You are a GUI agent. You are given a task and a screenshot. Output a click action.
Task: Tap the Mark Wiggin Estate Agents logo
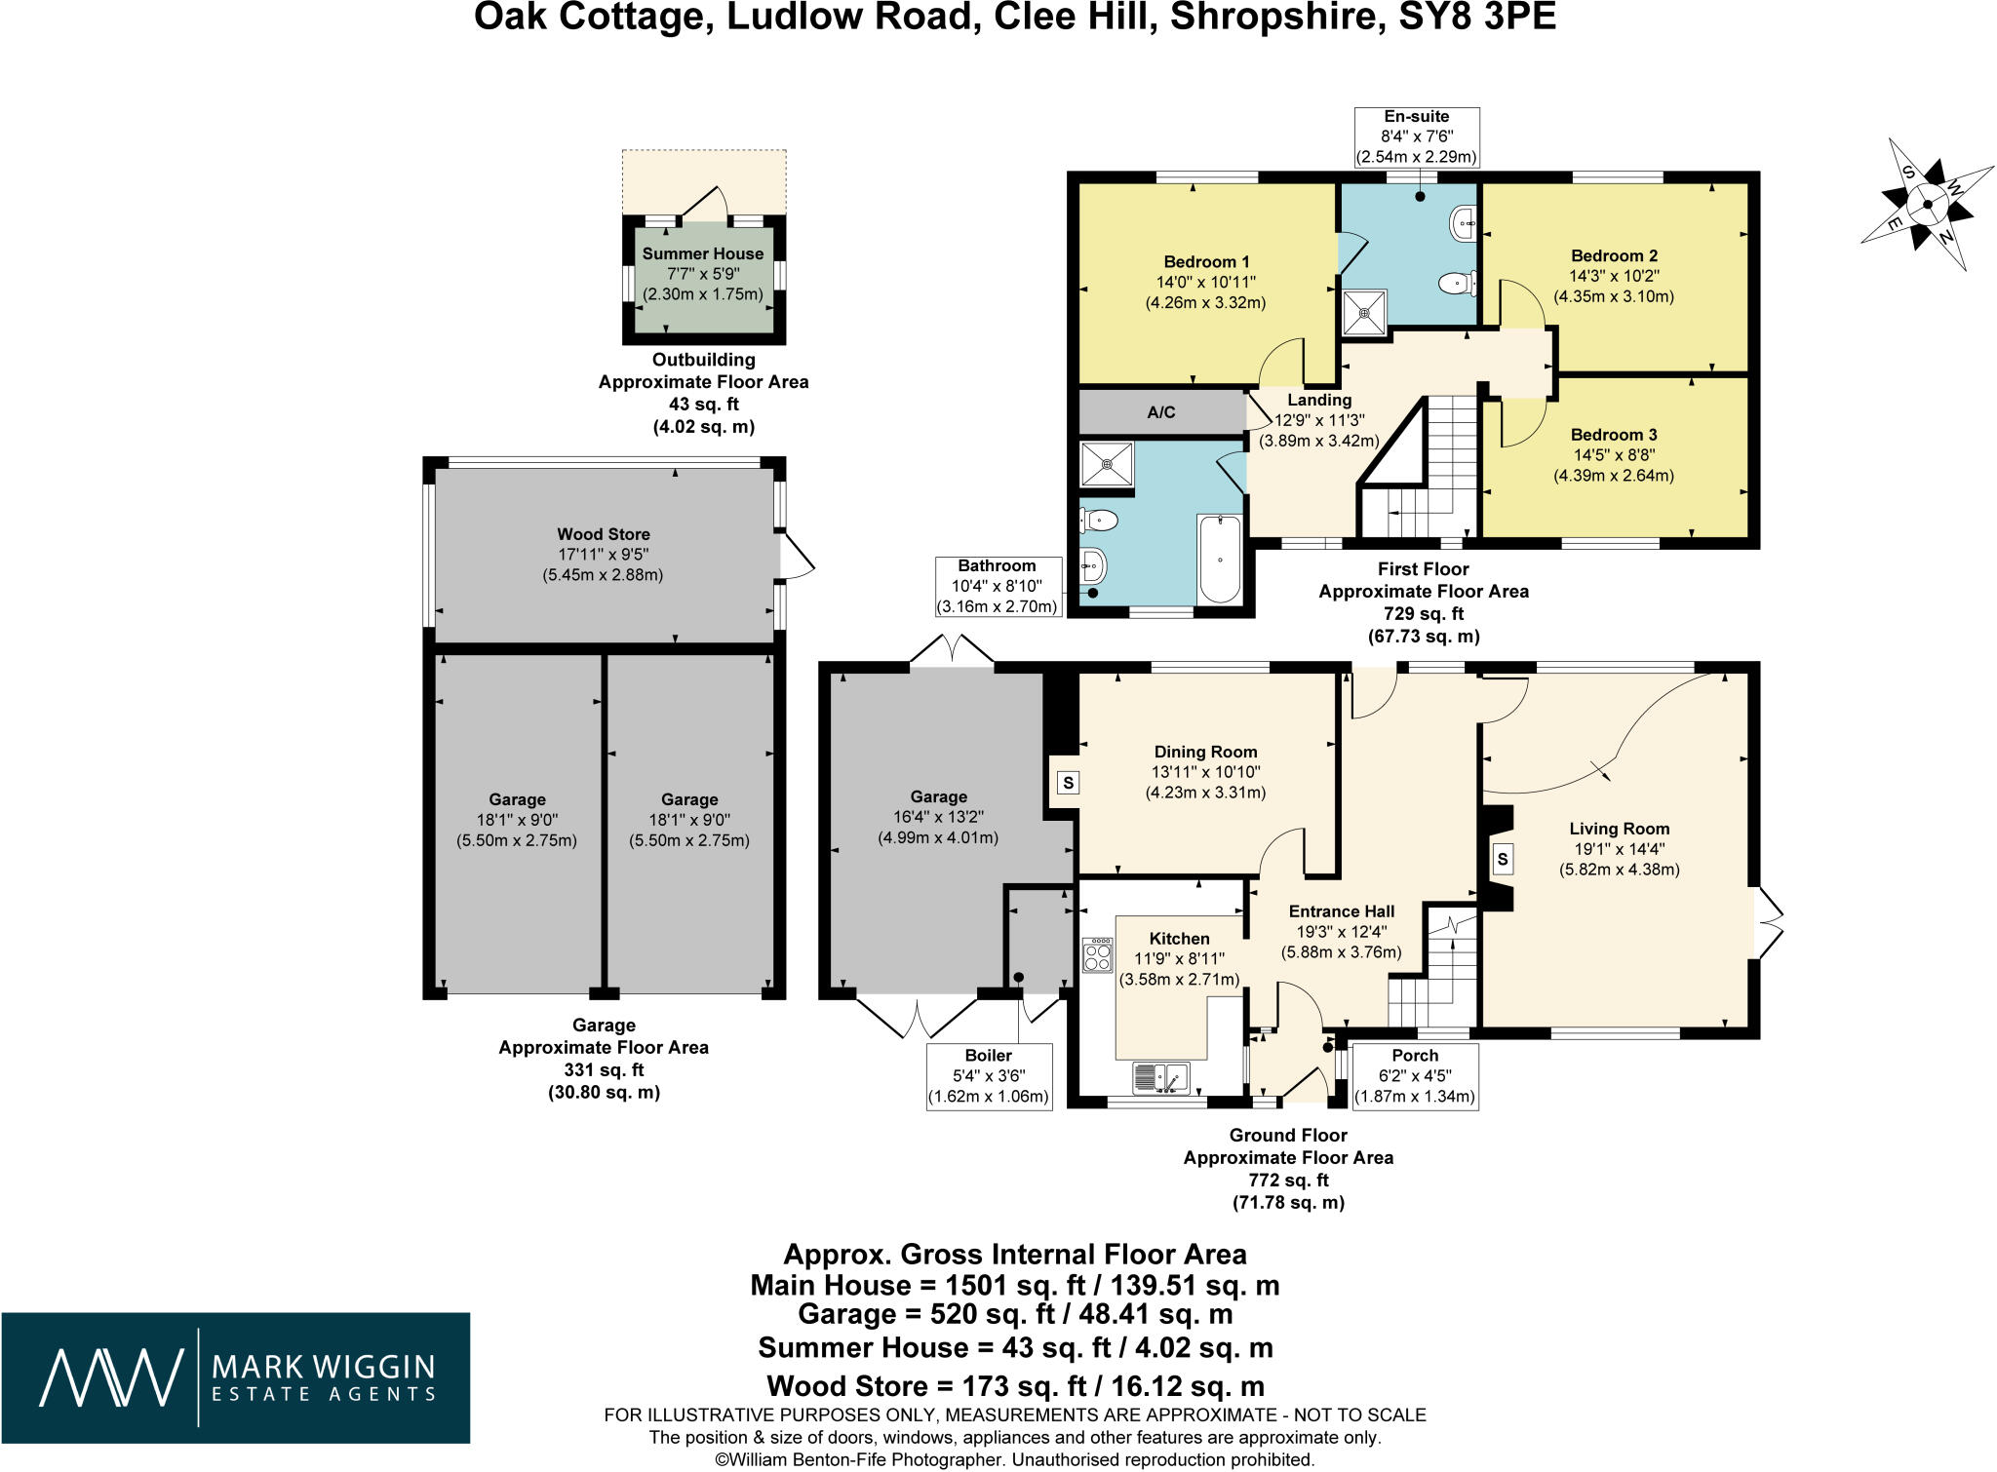pyautogui.click(x=236, y=1377)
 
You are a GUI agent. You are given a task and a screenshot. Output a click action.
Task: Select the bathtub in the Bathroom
pyautogui.click(x=1220, y=559)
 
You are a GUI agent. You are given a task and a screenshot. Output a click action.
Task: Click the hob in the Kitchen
pyautogui.click(x=1098, y=954)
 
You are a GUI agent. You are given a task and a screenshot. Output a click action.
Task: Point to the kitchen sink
pyautogui.click(x=1160, y=1077)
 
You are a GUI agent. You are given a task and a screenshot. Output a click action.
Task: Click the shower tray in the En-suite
pyautogui.click(x=1364, y=312)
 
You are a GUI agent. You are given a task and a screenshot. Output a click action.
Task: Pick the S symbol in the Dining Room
pyautogui.click(x=1069, y=783)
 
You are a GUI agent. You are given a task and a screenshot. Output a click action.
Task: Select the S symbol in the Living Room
pyautogui.click(x=1503, y=859)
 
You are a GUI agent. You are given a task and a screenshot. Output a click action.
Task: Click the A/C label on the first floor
pyautogui.click(x=1160, y=412)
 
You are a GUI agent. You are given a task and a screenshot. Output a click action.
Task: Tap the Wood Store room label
pyautogui.click(x=603, y=534)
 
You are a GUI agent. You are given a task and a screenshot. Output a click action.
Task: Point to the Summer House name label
pyautogui.click(x=703, y=253)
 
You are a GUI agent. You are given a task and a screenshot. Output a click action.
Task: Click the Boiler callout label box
pyautogui.click(x=989, y=1077)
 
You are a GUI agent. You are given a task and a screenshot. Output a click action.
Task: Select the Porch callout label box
pyautogui.click(x=1416, y=1076)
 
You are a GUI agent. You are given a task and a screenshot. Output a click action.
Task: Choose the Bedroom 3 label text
pyautogui.click(x=1614, y=435)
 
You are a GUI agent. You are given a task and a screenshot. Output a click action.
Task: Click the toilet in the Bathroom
pyautogui.click(x=1099, y=521)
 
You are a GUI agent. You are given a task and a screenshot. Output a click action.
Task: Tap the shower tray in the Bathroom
pyautogui.click(x=1107, y=464)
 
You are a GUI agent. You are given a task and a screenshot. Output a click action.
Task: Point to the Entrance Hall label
pyautogui.click(x=1342, y=911)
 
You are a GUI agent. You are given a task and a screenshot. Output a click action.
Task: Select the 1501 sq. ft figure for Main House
pyautogui.click(x=1005, y=1285)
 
